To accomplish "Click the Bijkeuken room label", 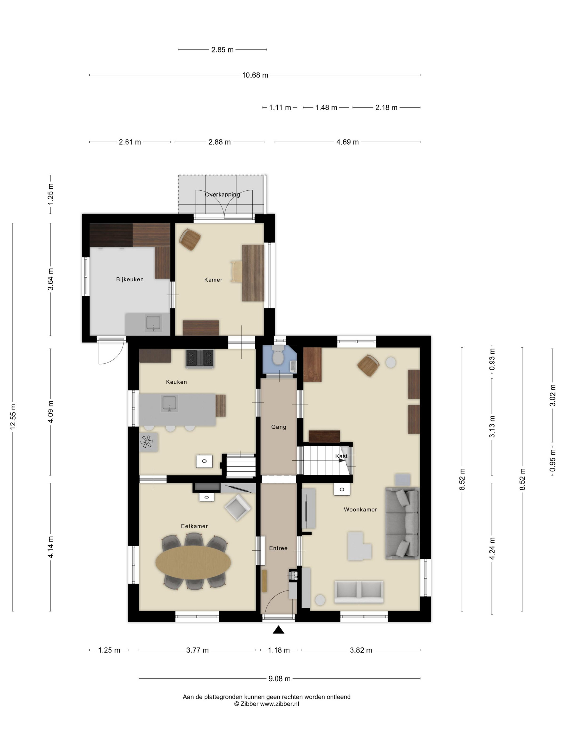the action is point(130,279).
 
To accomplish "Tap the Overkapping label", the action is point(223,194).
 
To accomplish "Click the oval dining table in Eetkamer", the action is point(193,562).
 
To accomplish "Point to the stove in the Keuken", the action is point(200,358).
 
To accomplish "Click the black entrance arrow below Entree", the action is point(278,630).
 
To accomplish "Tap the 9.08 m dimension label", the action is point(280,679).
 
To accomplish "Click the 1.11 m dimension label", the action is point(280,108).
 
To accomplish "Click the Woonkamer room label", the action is point(360,510).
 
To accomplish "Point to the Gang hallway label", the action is point(278,427).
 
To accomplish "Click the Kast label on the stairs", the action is point(341,456).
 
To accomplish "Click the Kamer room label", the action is point(213,280).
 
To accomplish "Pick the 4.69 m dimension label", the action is point(347,142).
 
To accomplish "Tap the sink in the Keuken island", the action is point(169,404).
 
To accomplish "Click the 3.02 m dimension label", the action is point(552,395).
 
